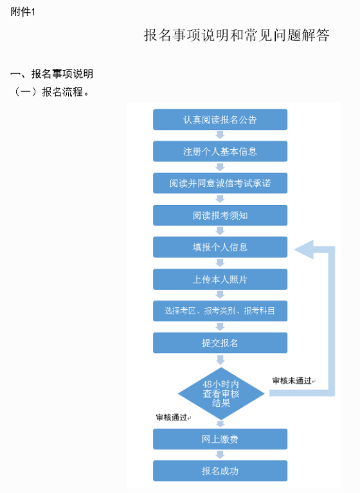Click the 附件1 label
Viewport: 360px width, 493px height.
22,12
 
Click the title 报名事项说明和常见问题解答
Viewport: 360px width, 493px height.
237,35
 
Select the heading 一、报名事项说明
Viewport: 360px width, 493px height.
52,74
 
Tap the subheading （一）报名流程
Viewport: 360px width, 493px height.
50,92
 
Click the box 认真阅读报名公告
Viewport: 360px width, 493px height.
220,120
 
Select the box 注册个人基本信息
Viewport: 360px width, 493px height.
220,151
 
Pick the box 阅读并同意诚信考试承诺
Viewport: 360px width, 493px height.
220,183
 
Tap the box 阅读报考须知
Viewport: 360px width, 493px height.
220,215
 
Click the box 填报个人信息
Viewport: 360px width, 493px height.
220,247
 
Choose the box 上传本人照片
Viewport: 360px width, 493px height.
220,279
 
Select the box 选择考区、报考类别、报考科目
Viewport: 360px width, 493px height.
220,311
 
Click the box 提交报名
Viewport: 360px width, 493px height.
220,343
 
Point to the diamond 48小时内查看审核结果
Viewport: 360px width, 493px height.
221,393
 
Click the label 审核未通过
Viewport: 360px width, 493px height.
292,381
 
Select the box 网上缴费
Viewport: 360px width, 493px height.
220,439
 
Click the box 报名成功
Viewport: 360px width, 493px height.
220,471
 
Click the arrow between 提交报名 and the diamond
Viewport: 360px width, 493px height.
221,360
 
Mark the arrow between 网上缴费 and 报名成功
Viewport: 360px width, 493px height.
220,454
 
